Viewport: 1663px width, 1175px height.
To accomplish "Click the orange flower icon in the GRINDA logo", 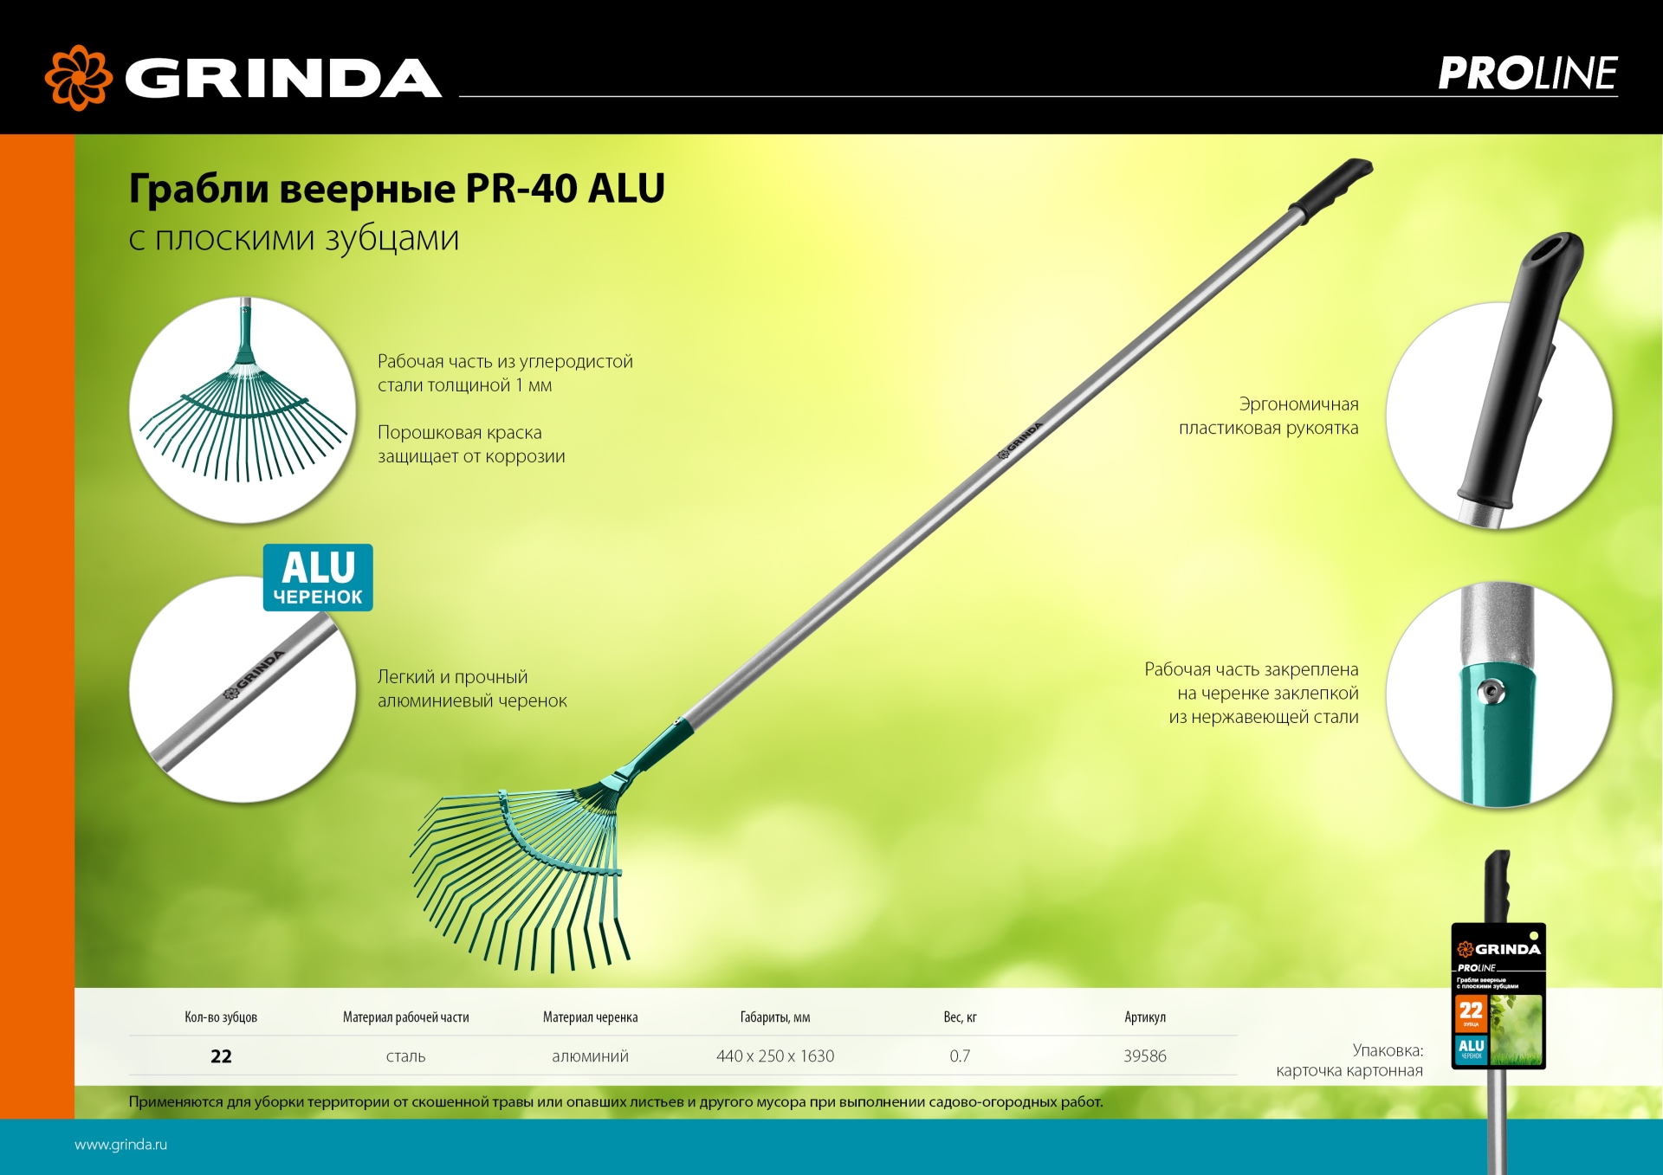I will pyautogui.click(x=78, y=78).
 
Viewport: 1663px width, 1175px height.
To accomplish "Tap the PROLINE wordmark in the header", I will pyautogui.click(x=1527, y=74).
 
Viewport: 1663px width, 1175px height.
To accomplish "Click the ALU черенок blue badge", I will pyautogui.click(x=318, y=578).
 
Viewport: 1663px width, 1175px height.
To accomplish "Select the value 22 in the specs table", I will pyautogui.click(x=221, y=1056).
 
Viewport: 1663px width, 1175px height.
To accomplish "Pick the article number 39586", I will pyautogui.click(x=1144, y=1056).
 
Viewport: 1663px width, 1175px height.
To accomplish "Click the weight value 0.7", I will pyautogui.click(x=960, y=1056).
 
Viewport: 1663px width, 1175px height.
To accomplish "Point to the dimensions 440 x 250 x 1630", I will pyautogui.click(x=775, y=1056).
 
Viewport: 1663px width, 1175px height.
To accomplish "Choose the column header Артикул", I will pyautogui.click(x=1144, y=1017).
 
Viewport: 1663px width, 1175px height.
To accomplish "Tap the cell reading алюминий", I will pyautogui.click(x=590, y=1056).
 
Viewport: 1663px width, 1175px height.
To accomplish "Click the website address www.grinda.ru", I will pyautogui.click(x=120, y=1145).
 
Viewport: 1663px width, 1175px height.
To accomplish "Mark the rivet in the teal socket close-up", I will pyautogui.click(x=1491, y=691).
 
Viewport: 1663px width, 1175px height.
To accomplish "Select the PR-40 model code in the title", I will pyautogui.click(x=521, y=189).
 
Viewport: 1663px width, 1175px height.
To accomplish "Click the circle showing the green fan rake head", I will pyautogui.click(x=243, y=410).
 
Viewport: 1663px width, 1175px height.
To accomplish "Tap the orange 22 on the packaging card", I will pyautogui.click(x=1471, y=1010).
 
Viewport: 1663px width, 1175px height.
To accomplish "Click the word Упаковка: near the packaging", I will pyautogui.click(x=1388, y=1050).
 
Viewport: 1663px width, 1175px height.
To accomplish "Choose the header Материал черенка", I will pyautogui.click(x=590, y=1017).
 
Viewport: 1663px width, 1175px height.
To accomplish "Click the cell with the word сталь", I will pyautogui.click(x=405, y=1056).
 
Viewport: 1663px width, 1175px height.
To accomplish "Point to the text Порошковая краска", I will pyautogui.click(x=459, y=433).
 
